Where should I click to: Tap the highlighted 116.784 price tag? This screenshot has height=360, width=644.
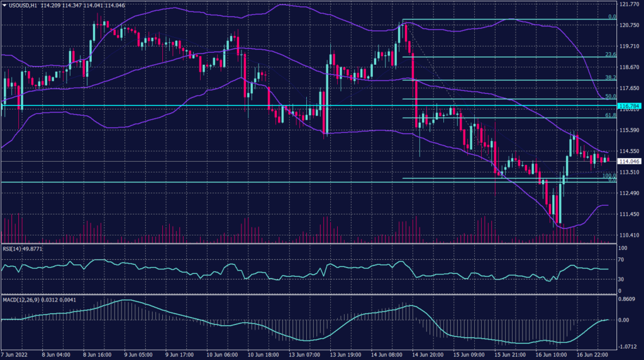629,106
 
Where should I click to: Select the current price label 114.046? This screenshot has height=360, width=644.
629,161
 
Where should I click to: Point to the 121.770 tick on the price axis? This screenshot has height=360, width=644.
629,4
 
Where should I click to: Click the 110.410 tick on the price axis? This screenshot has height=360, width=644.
629,235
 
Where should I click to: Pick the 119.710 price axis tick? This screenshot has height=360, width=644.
629,46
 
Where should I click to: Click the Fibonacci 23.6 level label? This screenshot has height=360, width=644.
609,54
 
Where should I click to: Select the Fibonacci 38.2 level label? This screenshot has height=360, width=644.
609,77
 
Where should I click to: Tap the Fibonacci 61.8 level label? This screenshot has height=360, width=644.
609,115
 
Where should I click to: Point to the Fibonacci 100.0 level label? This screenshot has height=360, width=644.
608,176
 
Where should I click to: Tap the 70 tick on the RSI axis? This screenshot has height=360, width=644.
622,261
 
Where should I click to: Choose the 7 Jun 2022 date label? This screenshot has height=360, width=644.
15,354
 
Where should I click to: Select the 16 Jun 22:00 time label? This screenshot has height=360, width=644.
591,354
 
